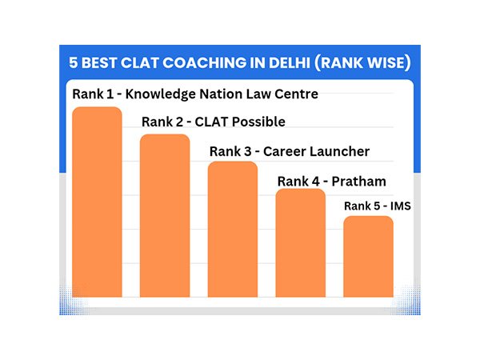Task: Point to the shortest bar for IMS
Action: (369, 256)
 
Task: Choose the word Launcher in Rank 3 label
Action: (341, 150)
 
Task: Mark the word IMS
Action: (399, 206)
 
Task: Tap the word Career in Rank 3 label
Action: (286, 150)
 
